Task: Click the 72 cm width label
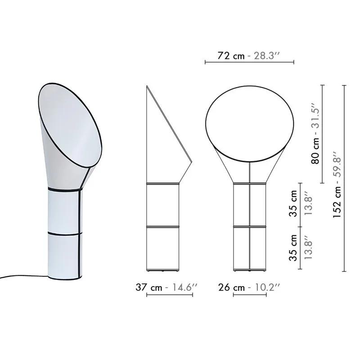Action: [231, 56]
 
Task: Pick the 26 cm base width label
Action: [232, 288]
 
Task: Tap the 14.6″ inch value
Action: [180, 288]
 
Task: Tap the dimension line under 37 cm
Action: [170, 295]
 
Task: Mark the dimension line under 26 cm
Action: [250, 295]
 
